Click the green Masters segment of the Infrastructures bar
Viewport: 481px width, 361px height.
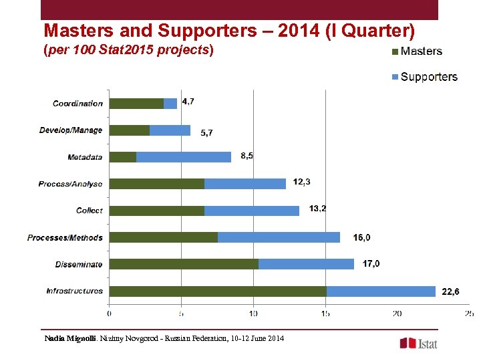click(x=217, y=291)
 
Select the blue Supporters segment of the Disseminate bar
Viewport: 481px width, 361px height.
click(x=306, y=264)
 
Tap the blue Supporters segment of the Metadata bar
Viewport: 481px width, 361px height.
click(x=184, y=157)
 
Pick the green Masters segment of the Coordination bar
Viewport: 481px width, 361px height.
click(x=136, y=104)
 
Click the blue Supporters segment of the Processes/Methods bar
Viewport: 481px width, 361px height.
click(x=279, y=237)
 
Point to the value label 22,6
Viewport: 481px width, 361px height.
click(x=450, y=291)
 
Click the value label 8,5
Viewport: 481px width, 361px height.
click(x=247, y=156)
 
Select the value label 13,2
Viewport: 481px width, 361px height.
click(x=318, y=209)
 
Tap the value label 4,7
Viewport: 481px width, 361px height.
click(x=188, y=102)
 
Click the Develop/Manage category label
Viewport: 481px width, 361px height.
click(x=71, y=130)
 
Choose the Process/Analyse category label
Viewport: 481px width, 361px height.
click(x=70, y=184)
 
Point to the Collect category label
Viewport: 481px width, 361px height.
click(x=90, y=211)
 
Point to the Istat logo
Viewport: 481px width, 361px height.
click(x=419, y=343)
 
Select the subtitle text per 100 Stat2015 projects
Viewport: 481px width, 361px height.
click(x=129, y=50)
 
